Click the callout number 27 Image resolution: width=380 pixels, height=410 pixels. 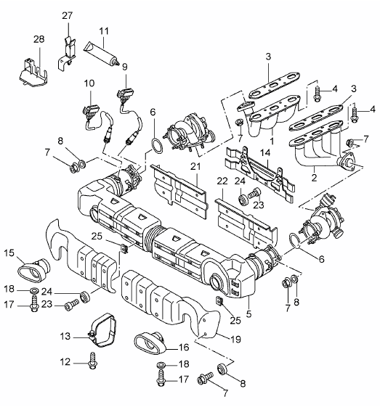pyautogui.click(x=67, y=16)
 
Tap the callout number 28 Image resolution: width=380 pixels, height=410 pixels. pyautogui.click(x=39, y=39)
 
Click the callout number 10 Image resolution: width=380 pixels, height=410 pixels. pyautogui.click(x=89, y=83)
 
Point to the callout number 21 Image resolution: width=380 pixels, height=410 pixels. pyautogui.click(x=195, y=167)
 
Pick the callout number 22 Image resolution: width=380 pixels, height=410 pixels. pyautogui.click(x=222, y=181)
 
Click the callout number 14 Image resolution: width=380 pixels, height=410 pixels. pyautogui.click(x=265, y=153)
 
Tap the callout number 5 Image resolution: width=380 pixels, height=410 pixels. pyautogui.click(x=248, y=313)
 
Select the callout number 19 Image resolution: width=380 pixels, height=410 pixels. pyautogui.click(x=235, y=340)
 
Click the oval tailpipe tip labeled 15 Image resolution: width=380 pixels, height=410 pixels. pyautogui.click(x=34, y=271)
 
